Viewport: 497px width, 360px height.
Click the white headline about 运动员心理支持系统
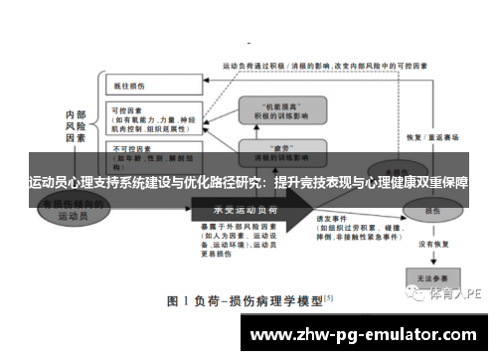coord(248,184)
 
